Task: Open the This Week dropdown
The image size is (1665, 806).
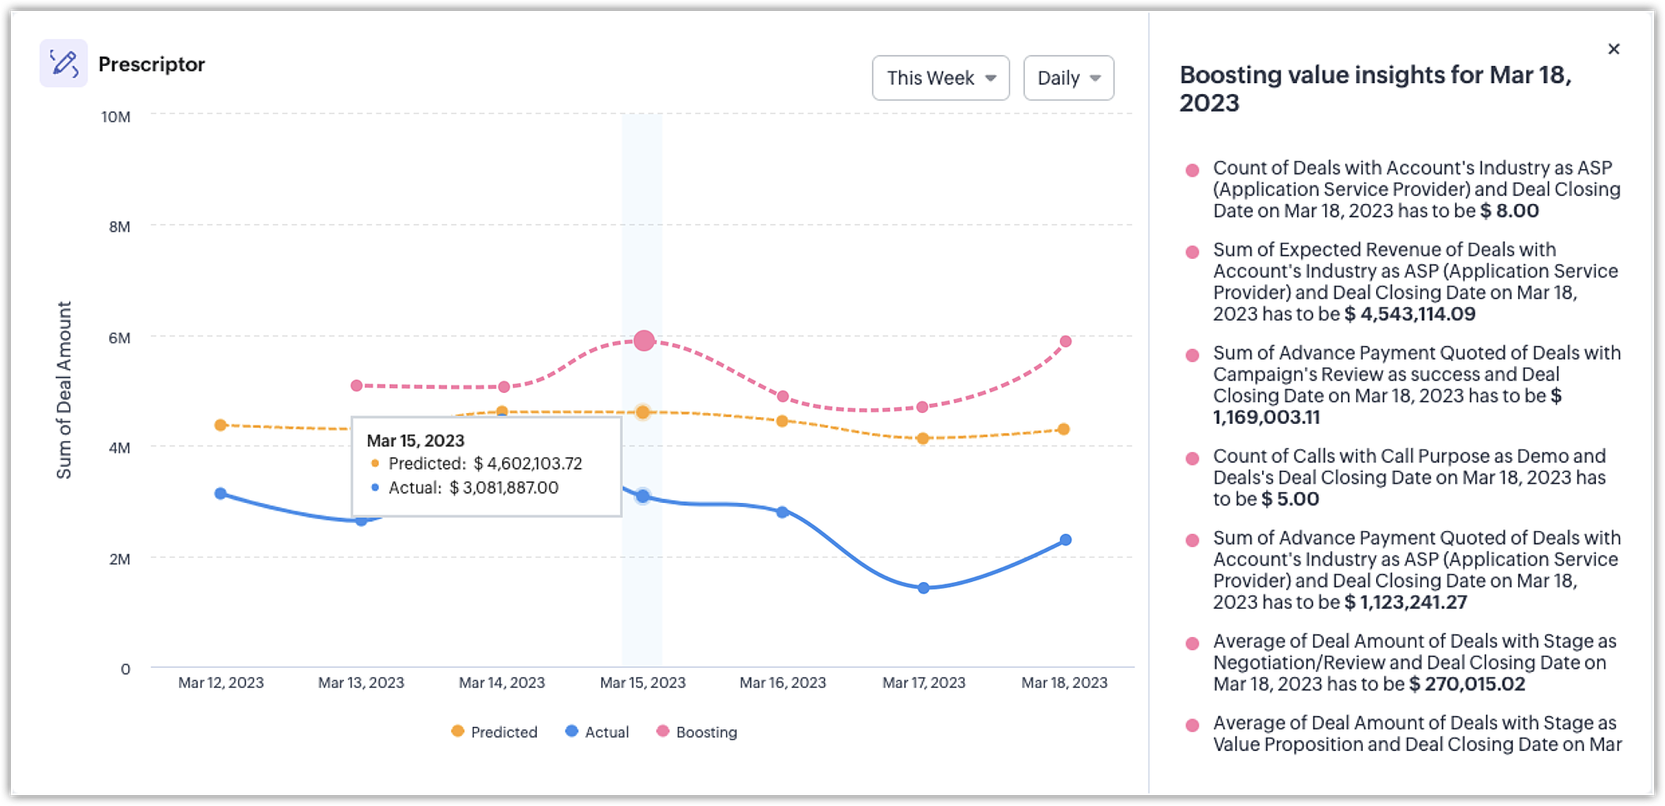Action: tap(940, 78)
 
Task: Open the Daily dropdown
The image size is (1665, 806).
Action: tap(1068, 78)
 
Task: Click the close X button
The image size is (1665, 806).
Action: tap(1613, 49)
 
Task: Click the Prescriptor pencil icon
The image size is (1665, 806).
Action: tap(63, 63)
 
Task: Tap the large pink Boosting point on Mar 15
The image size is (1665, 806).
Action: tap(644, 341)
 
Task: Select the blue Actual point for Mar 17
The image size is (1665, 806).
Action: tap(923, 588)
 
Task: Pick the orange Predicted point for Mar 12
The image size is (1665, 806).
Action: tap(221, 425)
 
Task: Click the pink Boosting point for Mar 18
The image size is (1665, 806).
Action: tap(1066, 341)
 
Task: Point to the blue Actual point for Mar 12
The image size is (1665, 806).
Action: tap(221, 494)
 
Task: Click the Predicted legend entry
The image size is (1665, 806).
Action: tap(495, 732)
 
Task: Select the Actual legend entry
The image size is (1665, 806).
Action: tap(597, 732)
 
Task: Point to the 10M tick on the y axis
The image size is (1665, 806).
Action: tap(116, 117)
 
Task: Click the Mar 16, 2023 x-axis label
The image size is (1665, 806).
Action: tap(783, 683)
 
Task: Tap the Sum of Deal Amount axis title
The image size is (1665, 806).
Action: tap(64, 390)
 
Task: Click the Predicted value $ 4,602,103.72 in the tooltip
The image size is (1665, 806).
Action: tap(528, 464)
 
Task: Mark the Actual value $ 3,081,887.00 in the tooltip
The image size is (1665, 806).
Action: tap(504, 488)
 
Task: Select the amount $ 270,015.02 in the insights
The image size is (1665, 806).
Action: tap(1467, 684)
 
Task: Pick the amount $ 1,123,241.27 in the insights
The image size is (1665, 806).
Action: tap(1405, 603)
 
